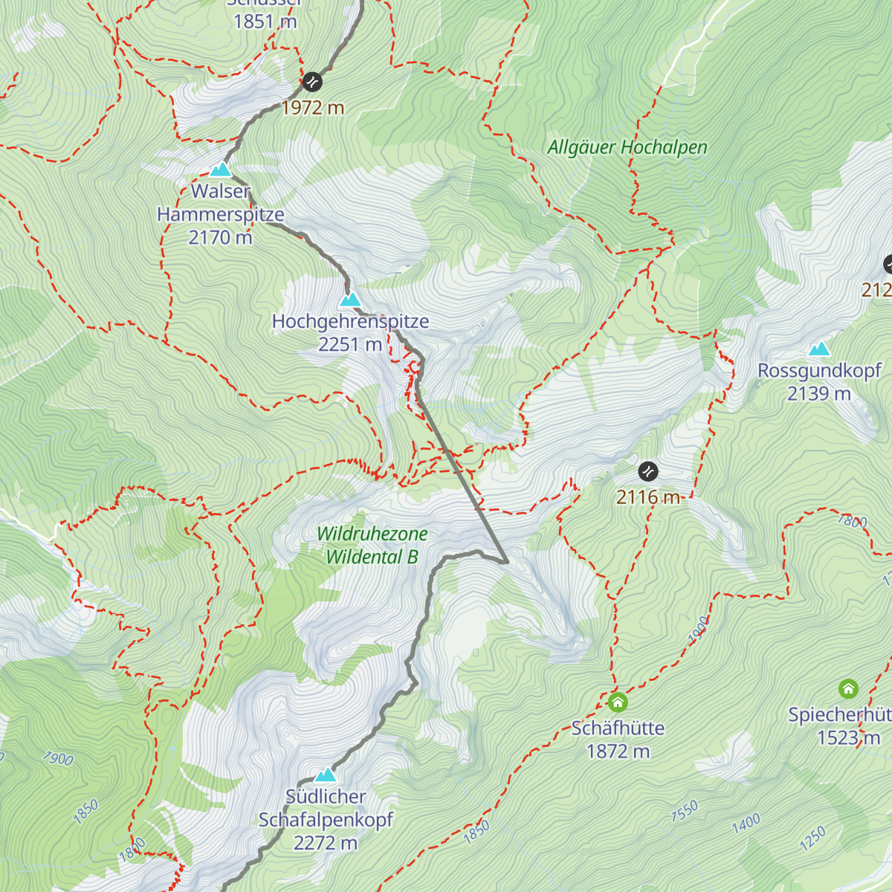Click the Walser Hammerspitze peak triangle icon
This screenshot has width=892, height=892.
220,169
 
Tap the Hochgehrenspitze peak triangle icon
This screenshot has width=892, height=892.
349,300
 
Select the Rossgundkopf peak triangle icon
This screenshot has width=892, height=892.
819,349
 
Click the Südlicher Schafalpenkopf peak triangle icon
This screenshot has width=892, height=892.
325,775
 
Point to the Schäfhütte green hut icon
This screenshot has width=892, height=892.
617,702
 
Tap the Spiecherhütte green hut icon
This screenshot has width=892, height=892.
848,688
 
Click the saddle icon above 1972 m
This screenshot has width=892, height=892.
312,81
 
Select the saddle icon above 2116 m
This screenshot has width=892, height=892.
648,471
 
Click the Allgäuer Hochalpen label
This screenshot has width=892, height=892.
627,147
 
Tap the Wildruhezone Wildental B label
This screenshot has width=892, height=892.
372,545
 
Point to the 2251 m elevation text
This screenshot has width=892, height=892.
349,345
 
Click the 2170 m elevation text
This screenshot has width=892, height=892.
220,238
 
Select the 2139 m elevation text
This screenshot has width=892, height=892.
819,394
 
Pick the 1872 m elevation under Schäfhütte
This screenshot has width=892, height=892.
618,752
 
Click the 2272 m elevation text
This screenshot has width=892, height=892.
325,843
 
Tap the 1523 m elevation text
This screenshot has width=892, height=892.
848,738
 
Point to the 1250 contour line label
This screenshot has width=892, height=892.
812,838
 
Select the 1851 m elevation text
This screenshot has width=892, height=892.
265,22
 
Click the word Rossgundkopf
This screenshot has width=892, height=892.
819,370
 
